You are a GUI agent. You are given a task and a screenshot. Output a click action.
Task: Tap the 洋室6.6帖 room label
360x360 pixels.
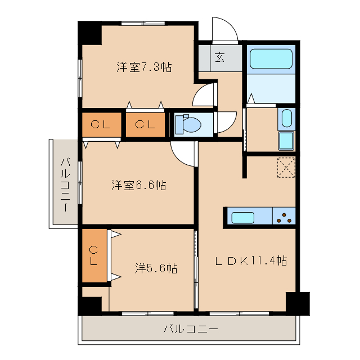pos(138,185)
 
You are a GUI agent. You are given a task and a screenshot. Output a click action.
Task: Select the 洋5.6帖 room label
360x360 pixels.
pos(156,268)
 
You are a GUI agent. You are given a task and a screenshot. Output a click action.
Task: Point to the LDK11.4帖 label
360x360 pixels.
pos(253,260)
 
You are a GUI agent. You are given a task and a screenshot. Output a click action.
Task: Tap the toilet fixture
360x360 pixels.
pos(186,124)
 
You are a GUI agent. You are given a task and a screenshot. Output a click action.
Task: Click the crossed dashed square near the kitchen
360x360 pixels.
pos(286,168)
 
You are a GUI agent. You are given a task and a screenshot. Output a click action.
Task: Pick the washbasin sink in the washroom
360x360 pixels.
pos(286,119)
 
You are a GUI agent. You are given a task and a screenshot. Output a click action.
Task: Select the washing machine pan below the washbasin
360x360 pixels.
pos(286,141)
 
